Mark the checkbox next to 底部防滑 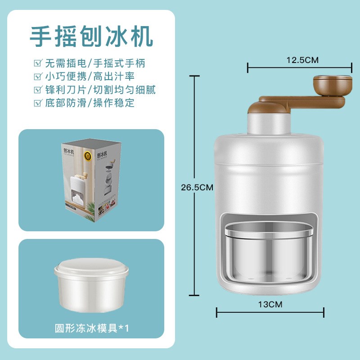coord(38,103)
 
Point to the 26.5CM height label coord(194,188)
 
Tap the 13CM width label coord(270,304)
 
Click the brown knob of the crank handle coord(332,84)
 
